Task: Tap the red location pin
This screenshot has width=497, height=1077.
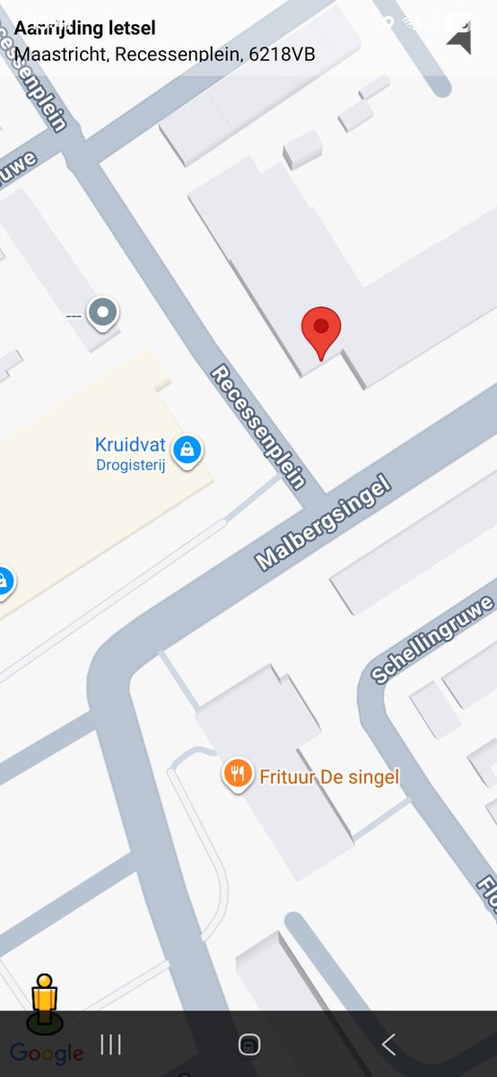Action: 321,328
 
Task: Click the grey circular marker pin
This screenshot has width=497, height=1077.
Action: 105,313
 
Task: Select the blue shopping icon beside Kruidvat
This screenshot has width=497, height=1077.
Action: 187,449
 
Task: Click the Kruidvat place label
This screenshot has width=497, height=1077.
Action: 130,445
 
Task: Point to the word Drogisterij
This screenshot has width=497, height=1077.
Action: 131,465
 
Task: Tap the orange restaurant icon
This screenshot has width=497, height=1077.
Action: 237,774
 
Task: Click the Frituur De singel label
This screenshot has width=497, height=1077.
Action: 329,776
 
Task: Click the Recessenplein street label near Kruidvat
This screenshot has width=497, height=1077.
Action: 258,426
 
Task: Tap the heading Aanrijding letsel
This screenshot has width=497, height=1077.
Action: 84,30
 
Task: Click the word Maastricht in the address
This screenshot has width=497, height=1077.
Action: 60,55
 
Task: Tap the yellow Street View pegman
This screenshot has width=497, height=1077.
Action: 44,1001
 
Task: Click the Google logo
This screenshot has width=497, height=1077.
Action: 47,1054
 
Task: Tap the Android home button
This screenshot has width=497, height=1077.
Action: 249,1044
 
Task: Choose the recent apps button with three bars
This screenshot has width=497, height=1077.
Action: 110,1044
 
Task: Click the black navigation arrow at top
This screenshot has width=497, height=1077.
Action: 460,39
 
